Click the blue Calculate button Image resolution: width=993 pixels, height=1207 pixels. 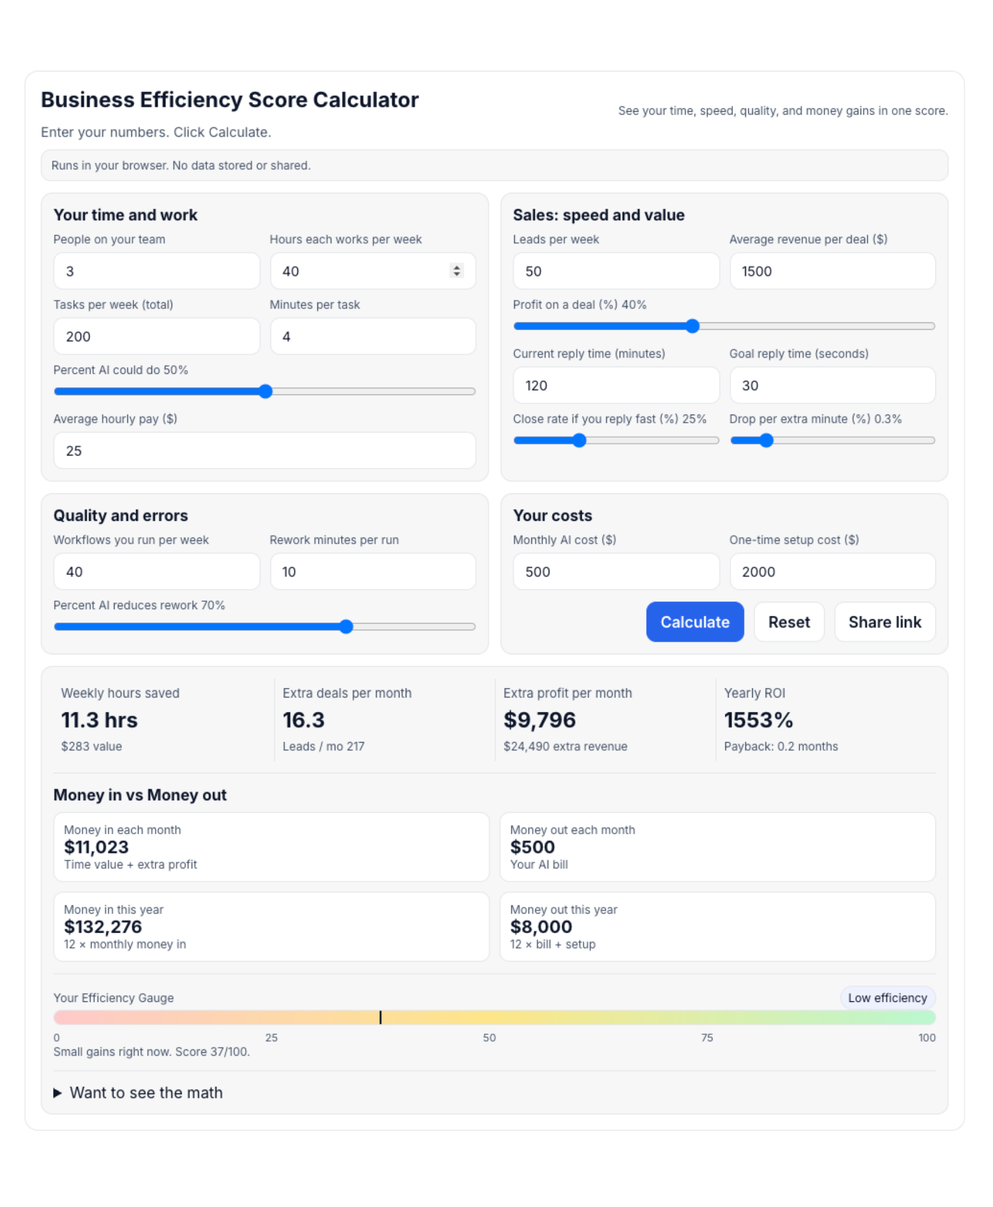pyautogui.click(x=695, y=622)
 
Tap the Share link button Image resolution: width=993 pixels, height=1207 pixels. pyautogui.click(x=885, y=622)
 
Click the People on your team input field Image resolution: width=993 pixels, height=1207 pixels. pyautogui.click(x=156, y=271)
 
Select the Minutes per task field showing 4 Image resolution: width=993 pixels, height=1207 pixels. pyautogui.click(x=372, y=336)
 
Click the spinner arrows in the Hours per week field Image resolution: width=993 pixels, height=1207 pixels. pyautogui.click(x=456, y=270)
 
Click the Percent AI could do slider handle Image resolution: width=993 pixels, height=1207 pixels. pyautogui.click(x=265, y=391)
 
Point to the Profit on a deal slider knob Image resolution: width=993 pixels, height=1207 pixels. pyautogui.click(x=692, y=326)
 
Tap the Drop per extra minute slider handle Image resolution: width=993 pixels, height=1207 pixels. pyautogui.click(x=766, y=440)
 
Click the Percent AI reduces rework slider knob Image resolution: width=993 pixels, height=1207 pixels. pyautogui.click(x=346, y=626)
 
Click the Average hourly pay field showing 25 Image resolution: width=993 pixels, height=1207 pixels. pyautogui.click(x=264, y=451)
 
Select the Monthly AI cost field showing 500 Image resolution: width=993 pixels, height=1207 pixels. pyautogui.click(x=615, y=572)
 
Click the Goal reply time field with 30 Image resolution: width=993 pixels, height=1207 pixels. pyautogui.click(x=832, y=386)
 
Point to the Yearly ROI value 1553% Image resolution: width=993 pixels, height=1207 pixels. pyautogui.click(x=758, y=720)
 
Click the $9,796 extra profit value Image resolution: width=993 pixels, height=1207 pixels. pyautogui.click(x=539, y=720)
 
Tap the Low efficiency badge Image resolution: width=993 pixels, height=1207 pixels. pyautogui.click(x=887, y=997)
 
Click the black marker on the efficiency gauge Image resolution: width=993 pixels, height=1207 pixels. pyautogui.click(x=381, y=1017)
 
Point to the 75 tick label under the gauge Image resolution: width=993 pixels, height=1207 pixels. pyautogui.click(x=706, y=1038)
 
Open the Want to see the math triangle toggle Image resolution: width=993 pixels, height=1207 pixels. pyautogui.click(x=57, y=1092)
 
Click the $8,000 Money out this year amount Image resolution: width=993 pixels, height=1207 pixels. pyautogui.click(x=540, y=926)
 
